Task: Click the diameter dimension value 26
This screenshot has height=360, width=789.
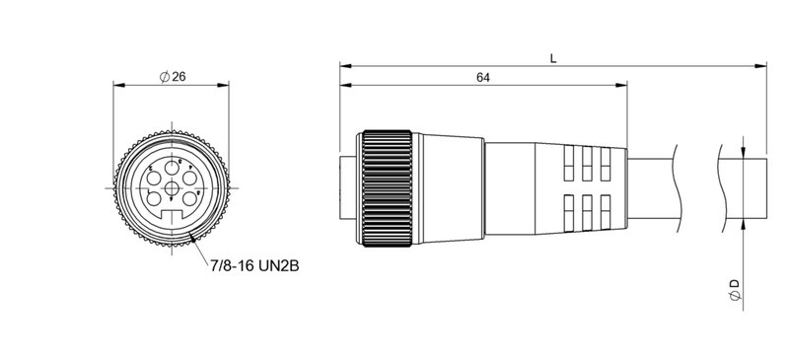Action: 179,78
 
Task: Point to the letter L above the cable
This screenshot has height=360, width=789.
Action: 553,58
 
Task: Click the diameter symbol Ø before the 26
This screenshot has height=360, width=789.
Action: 165,78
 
